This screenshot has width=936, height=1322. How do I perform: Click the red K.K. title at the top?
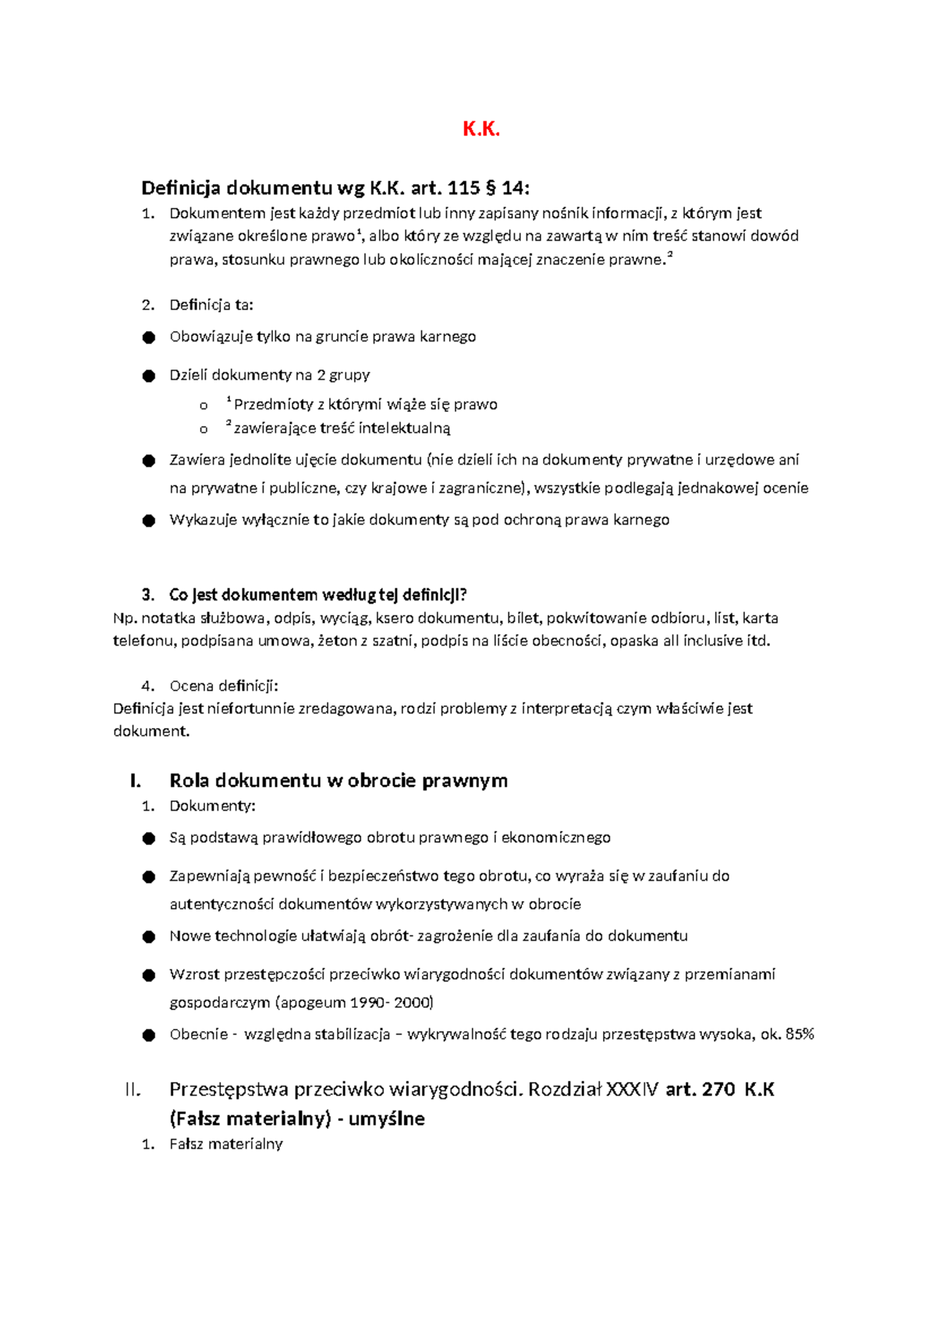click(480, 129)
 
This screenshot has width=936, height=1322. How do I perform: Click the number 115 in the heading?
click(464, 188)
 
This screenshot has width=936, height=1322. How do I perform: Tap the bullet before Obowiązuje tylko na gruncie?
click(149, 338)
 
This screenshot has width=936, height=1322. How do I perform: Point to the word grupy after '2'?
click(350, 375)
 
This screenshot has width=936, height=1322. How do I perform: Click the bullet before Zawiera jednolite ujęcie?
click(149, 461)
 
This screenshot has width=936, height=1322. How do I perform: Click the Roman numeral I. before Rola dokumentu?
click(136, 781)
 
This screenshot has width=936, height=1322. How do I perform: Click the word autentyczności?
click(222, 904)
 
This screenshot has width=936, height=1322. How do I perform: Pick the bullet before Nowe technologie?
click(149, 937)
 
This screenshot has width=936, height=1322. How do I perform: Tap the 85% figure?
click(800, 1034)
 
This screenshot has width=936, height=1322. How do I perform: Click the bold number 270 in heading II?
click(718, 1090)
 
